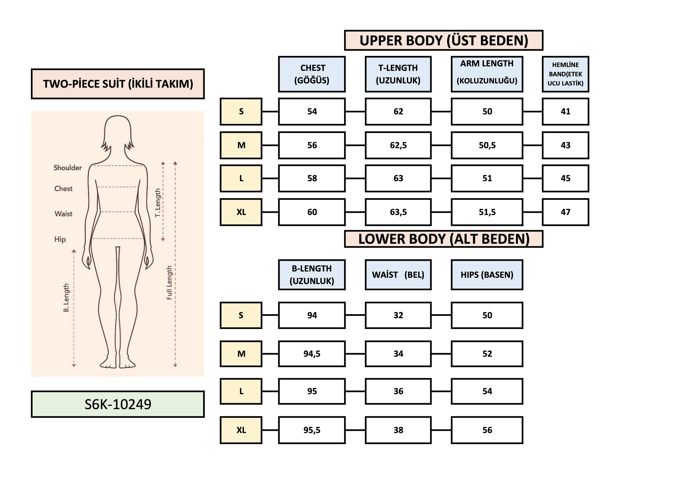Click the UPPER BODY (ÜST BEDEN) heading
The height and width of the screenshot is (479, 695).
[x=443, y=40]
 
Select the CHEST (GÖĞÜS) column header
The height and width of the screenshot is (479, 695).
[x=312, y=74]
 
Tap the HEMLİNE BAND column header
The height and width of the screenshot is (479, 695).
[x=565, y=74]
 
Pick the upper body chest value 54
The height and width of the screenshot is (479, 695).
[x=312, y=112]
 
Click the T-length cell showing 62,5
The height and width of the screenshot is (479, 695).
[x=398, y=145]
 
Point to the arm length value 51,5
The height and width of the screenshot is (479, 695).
[x=487, y=212]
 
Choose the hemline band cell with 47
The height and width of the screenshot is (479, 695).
[x=565, y=212]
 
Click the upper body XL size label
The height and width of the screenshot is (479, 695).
[x=241, y=212]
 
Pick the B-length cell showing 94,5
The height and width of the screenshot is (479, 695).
[x=312, y=354]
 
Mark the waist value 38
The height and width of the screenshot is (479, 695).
[x=398, y=430]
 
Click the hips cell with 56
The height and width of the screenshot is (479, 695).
[x=487, y=430]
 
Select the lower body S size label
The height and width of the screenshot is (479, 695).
[x=241, y=315]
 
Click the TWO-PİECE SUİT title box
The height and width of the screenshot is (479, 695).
[x=118, y=84]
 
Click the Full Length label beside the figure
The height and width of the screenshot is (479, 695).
[x=169, y=282]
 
